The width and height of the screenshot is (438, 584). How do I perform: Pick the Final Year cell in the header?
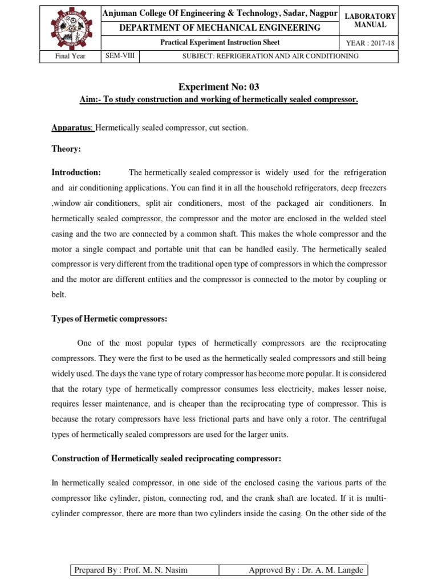point(70,56)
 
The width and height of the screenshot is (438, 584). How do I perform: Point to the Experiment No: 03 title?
point(218,87)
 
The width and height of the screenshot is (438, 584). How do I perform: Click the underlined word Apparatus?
point(72,128)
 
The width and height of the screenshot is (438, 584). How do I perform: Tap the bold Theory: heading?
point(66,148)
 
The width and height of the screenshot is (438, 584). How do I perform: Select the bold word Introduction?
point(76,172)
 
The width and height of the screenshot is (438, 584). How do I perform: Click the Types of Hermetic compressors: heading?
point(109,319)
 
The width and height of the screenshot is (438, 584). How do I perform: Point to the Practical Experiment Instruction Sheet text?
point(219,43)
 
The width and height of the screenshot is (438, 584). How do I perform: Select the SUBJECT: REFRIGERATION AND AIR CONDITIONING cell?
point(270,56)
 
